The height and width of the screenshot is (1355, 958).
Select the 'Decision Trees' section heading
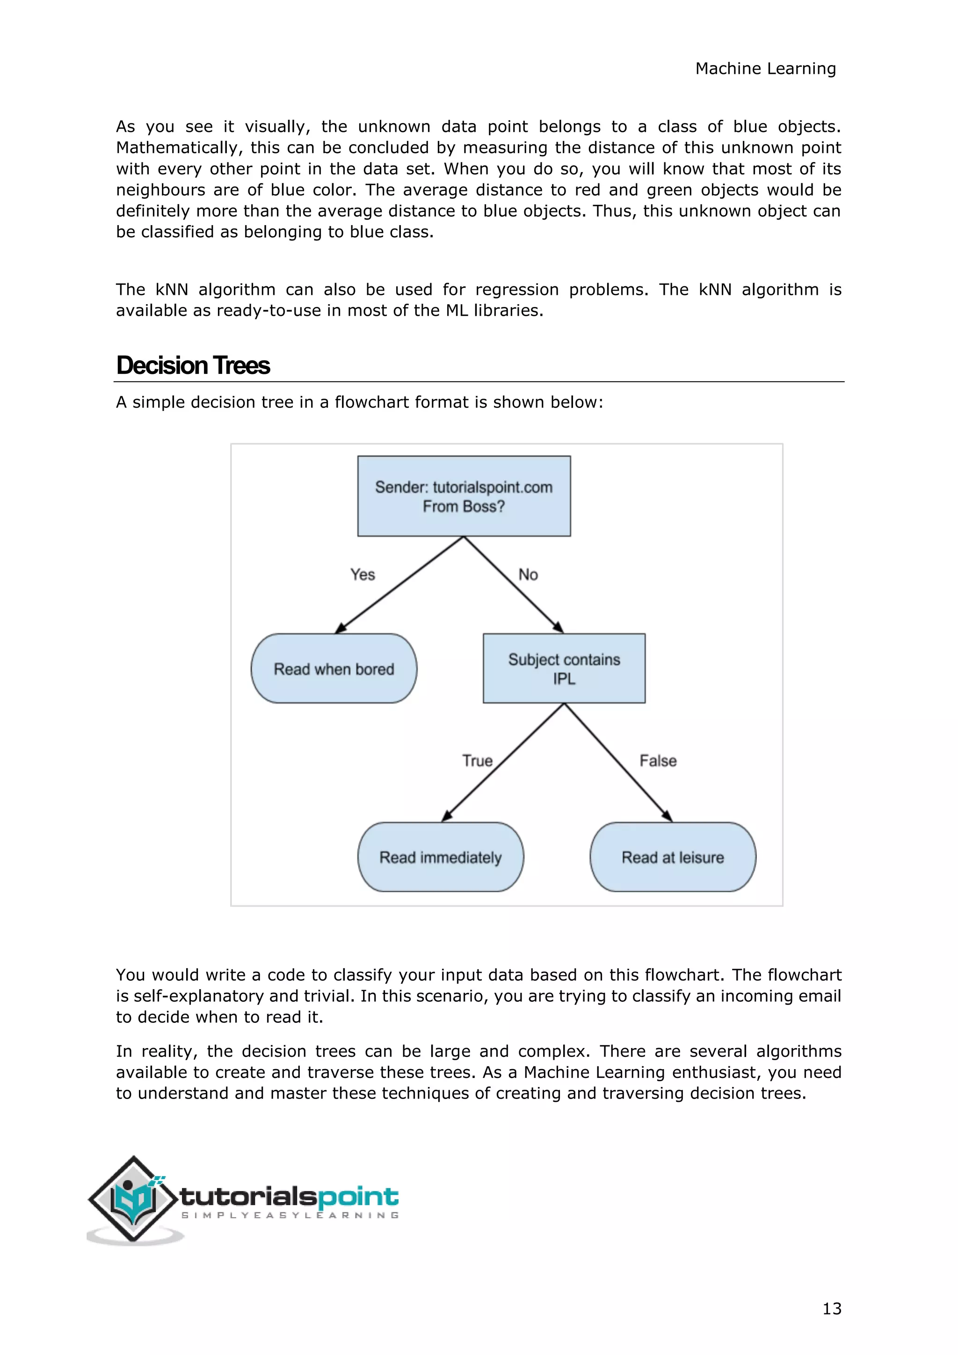(193, 365)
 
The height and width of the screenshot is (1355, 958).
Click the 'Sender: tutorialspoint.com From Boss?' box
(464, 496)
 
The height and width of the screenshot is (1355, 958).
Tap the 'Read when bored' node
(334, 669)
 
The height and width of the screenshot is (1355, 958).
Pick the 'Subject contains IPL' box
(564, 669)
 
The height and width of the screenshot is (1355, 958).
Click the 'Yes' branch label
(362, 574)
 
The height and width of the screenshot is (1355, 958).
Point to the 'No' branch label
(528, 574)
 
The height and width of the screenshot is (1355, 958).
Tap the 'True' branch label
(477, 761)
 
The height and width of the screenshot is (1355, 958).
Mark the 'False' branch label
(658, 761)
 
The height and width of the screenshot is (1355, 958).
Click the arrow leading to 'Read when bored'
(399, 585)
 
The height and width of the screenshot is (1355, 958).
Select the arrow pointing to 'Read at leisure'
(618, 763)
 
